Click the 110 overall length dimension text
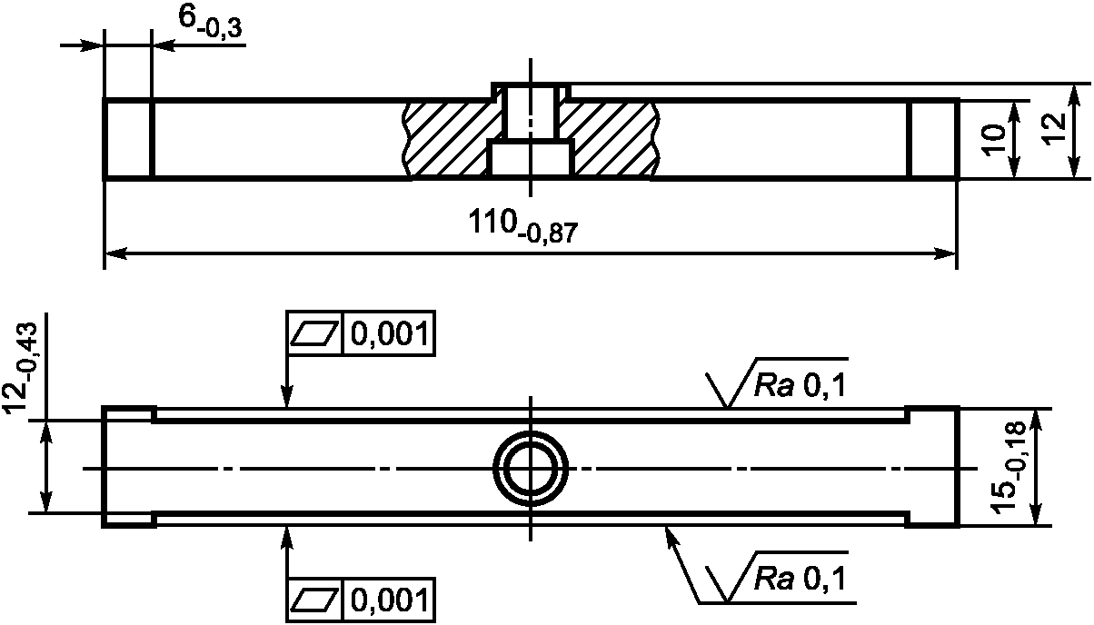point(523,225)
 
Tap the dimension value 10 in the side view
point(994,141)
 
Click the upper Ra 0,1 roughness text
point(800,387)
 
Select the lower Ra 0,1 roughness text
point(800,579)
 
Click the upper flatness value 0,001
point(390,334)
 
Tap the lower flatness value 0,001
point(390,600)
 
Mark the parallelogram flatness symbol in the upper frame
point(314,334)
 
